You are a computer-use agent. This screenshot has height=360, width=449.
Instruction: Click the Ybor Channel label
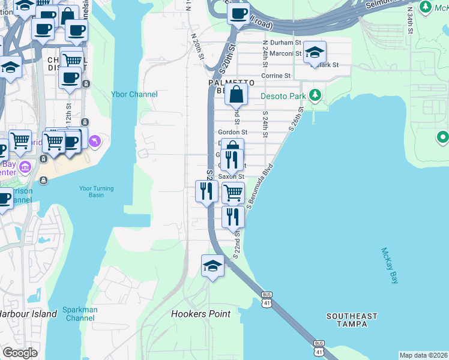[x=134, y=94]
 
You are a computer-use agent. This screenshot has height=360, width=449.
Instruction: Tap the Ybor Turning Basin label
[x=96, y=191]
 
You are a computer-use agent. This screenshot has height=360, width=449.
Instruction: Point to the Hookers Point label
[x=200, y=314]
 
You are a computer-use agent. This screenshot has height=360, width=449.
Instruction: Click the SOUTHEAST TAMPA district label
[x=352, y=320]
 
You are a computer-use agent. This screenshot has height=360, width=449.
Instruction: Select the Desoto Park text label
[x=283, y=96]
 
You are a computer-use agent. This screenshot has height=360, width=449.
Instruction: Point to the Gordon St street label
[x=232, y=132]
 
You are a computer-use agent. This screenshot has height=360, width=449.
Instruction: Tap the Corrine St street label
[x=275, y=76]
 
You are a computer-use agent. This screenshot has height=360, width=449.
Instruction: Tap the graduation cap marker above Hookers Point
[x=212, y=265]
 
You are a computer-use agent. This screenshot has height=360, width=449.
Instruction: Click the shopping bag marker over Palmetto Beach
[x=237, y=94]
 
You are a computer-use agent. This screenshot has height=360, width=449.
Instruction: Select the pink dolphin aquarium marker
[x=94, y=142]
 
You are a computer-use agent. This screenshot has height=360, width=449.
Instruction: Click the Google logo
[x=20, y=353]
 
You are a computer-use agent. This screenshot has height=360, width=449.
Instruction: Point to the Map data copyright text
[x=423, y=355]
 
